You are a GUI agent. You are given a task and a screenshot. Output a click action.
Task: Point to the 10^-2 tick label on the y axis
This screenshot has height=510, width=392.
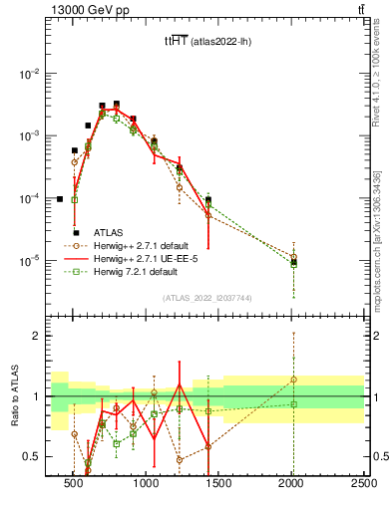(31, 74)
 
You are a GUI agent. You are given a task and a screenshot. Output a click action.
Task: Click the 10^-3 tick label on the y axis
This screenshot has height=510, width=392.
(31, 135)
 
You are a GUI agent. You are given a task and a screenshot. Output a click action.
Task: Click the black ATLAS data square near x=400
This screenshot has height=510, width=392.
(60, 199)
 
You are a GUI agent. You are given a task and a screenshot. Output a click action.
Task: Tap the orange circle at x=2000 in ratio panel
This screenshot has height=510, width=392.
(293, 380)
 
